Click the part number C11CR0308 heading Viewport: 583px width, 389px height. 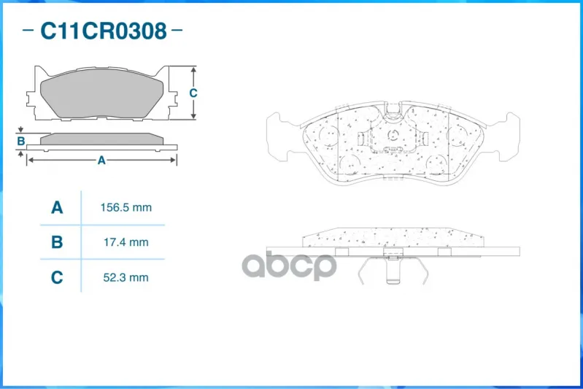click(x=104, y=31)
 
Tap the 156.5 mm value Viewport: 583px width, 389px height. click(x=126, y=207)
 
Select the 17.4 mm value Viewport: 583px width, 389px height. click(x=126, y=242)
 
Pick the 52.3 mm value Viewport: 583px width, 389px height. click(x=126, y=277)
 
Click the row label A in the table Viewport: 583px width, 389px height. click(x=57, y=207)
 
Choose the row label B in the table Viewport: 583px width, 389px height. click(x=57, y=242)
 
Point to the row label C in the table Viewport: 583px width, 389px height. click(x=57, y=277)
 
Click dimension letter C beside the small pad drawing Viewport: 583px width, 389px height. click(x=193, y=93)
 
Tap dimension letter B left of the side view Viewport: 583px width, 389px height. click(x=21, y=141)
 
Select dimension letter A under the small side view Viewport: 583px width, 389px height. click(x=101, y=161)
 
